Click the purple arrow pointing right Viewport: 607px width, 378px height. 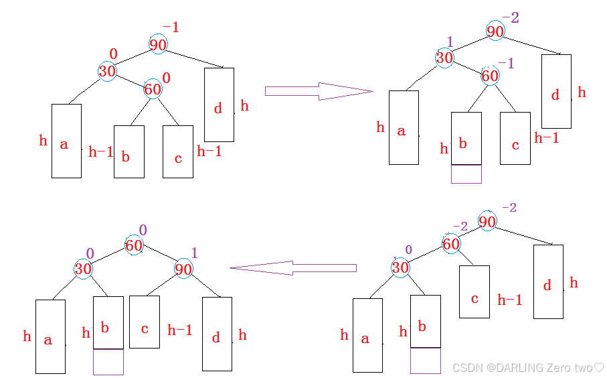click(318, 91)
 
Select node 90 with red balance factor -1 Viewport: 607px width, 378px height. click(158, 45)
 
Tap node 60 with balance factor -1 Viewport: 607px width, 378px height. click(490, 76)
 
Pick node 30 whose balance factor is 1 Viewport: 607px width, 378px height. click(444, 58)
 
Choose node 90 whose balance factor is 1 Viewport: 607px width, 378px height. click(183, 269)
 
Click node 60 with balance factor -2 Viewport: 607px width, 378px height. click(451, 244)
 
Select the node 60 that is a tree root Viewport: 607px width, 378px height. click(134, 245)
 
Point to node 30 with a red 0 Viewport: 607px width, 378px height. click(107, 70)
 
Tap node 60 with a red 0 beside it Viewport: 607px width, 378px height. click(153, 88)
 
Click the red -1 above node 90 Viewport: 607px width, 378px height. click(171, 28)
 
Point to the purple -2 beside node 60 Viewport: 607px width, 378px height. click(460, 227)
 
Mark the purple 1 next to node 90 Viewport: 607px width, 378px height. click(195, 253)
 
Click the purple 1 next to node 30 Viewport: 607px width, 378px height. click(450, 42)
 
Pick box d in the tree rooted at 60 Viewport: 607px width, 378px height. click(216, 333)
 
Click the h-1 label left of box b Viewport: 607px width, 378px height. click(101, 152)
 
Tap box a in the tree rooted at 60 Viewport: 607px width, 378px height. click(50, 336)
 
